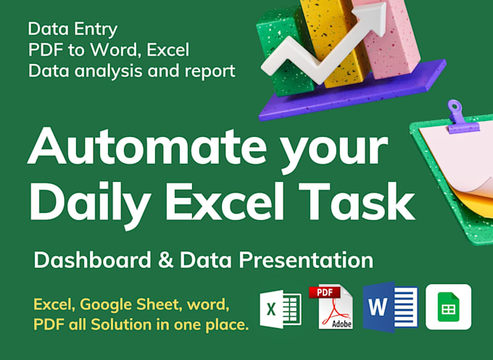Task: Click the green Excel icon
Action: [x=280, y=310]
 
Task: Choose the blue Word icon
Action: [x=390, y=307]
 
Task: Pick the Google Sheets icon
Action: [x=448, y=307]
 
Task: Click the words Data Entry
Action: [x=72, y=30]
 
